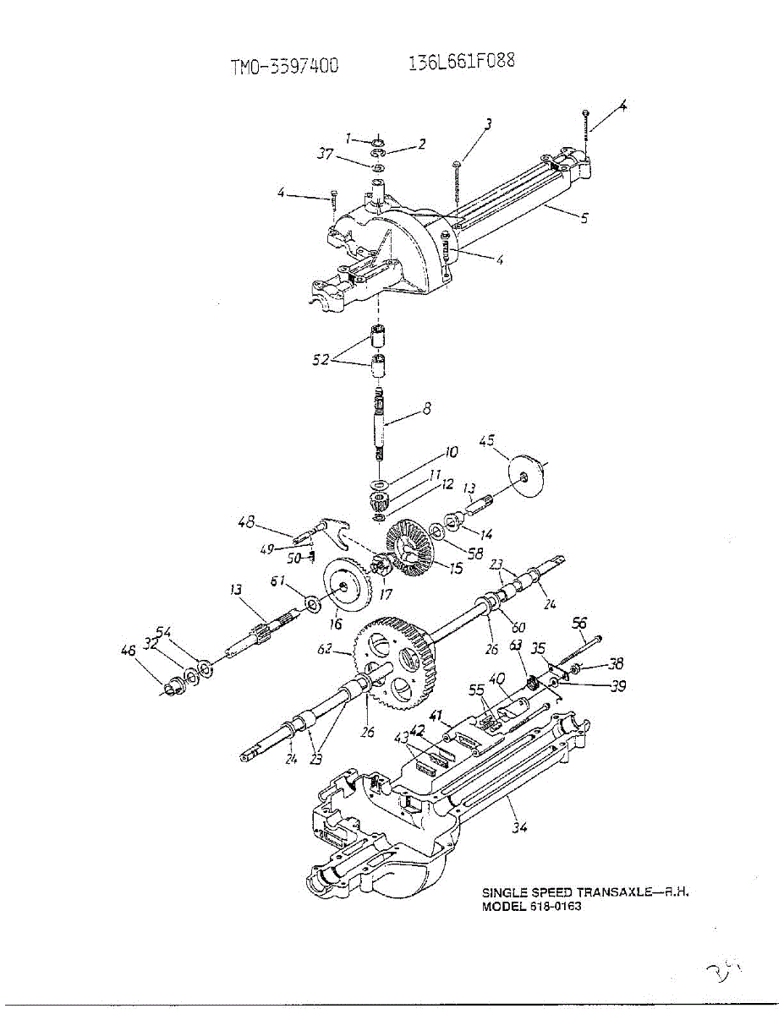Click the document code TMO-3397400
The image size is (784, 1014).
tap(284, 67)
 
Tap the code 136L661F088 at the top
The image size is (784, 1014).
tap(461, 62)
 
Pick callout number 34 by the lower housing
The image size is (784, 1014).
tap(519, 827)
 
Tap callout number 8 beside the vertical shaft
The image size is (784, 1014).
tap(427, 408)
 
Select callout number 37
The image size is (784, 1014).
tap(326, 153)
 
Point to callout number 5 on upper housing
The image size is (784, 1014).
tap(584, 217)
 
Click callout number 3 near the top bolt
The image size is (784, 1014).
tap(488, 123)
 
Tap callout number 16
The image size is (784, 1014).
tap(336, 624)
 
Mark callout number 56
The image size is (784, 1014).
tap(579, 623)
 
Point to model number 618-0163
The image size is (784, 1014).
tap(556, 907)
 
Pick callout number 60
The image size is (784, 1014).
tap(517, 627)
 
